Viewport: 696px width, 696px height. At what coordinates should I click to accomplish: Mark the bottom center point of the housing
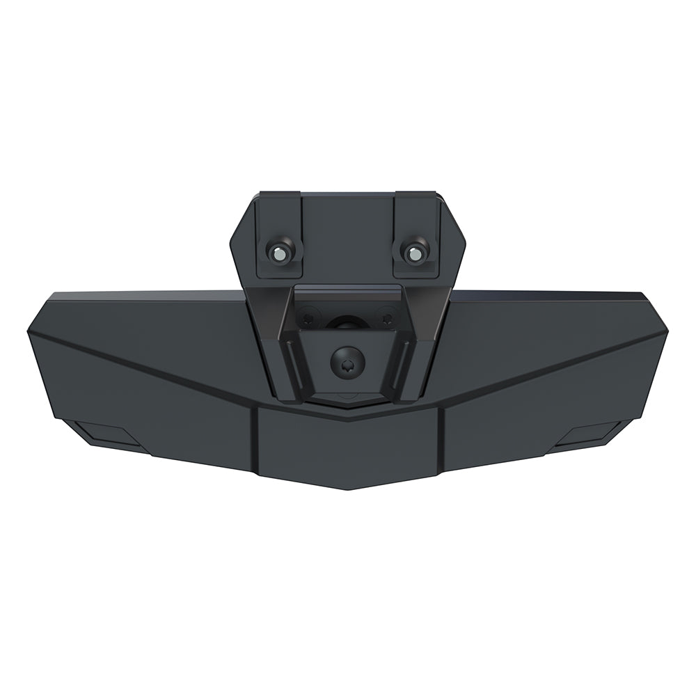pyautogui.click(x=348, y=488)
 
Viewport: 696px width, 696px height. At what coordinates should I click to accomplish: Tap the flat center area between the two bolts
pyautogui.click(x=348, y=237)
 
